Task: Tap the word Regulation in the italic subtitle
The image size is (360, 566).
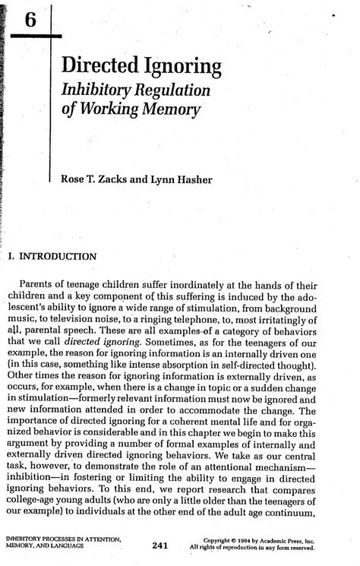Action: pyautogui.click(x=175, y=90)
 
